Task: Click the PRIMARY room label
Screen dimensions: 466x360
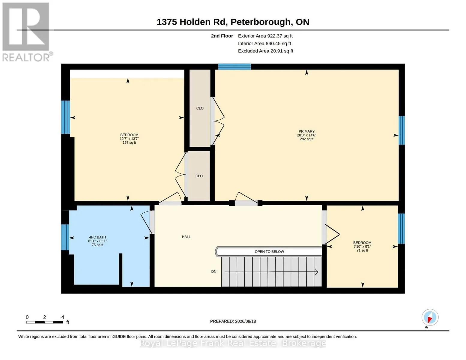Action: [x=306, y=131]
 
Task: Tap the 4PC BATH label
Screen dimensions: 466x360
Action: [x=97, y=237]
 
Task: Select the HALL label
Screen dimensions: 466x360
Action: [x=186, y=237]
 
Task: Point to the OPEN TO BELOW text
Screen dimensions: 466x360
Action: [x=269, y=252]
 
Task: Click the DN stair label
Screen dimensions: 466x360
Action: [x=214, y=271]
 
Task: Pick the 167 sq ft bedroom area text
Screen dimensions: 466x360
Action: [x=129, y=143]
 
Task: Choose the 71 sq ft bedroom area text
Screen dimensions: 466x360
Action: [x=363, y=250]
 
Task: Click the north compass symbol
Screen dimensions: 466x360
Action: [x=430, y=318]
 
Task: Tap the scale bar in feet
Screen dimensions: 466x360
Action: [x=45, y=322]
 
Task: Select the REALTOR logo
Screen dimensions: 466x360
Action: [x=27, y=32]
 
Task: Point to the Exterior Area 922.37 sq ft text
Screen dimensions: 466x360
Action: [x=265, y=36]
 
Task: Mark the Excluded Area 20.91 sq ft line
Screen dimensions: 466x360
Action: [x=265, y=51]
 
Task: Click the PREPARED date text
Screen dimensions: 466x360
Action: [x=233, y=321]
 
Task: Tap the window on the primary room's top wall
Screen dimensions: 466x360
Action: [x=234, y=67]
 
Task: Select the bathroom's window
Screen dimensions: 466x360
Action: [x=65, y=237]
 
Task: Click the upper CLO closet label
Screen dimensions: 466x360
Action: [x=200, y=108]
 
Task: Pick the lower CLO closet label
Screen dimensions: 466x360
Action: [x=199, y=176]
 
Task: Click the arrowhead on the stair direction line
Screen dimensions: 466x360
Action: [x=317, y=272]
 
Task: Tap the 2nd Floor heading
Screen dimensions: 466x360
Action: [x=222, y=36]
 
